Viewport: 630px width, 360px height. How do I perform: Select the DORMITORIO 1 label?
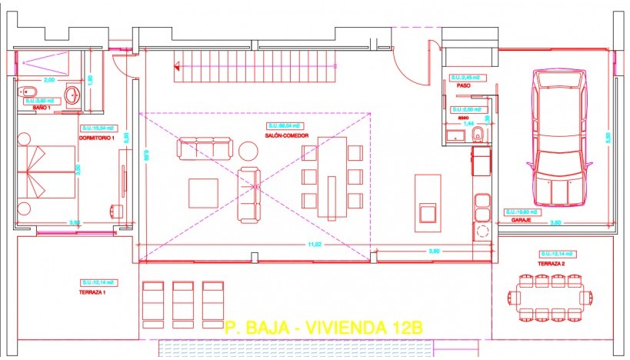point(97,138)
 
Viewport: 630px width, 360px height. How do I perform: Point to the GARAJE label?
point(521,221)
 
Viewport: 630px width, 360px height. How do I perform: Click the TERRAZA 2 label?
point(552,264)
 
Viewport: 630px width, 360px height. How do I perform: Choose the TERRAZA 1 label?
point(92,292)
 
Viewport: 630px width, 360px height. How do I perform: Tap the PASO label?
point(463,85)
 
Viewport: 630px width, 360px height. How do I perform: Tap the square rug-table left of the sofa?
point(204,192)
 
